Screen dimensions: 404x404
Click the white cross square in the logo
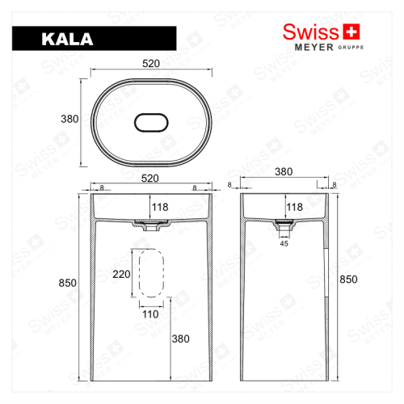click(351, 32)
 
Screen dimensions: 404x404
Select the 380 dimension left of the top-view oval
click(69, 119)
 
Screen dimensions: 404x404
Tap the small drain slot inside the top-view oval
click(151, 121)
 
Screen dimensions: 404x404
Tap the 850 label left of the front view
click(68, 283)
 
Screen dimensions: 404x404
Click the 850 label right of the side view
click(347, 279)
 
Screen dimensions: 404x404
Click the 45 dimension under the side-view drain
click(284, 242)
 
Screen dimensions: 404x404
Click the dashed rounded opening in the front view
click(150, 275)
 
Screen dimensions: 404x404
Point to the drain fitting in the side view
click(284, 224)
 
